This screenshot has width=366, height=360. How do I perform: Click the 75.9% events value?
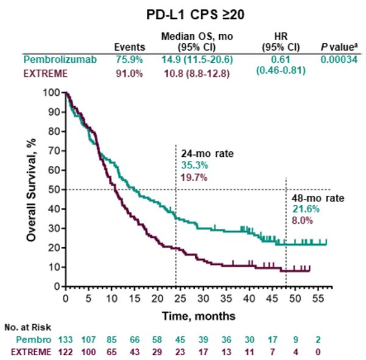129,59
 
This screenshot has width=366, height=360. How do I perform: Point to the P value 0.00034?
339,59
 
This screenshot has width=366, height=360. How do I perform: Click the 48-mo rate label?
309,198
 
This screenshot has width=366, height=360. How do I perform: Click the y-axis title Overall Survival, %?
31,189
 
